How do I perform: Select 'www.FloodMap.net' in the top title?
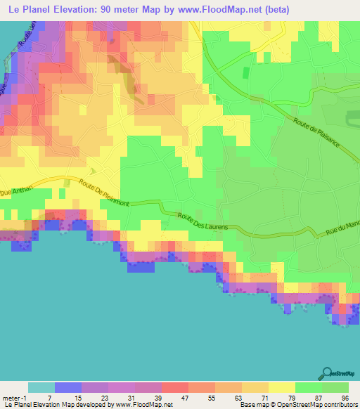(x=213, y=9)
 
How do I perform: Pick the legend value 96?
(x=344, y=398)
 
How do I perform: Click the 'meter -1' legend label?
(x=15, y=398)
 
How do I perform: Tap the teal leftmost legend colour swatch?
(x=41, y=387)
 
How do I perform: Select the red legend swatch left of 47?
(x=174, y=387)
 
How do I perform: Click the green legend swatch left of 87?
(x=309, y=387)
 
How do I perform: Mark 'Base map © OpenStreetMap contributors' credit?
(x=298, y=405)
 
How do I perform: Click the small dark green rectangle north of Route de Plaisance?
(x=245, y=72)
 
